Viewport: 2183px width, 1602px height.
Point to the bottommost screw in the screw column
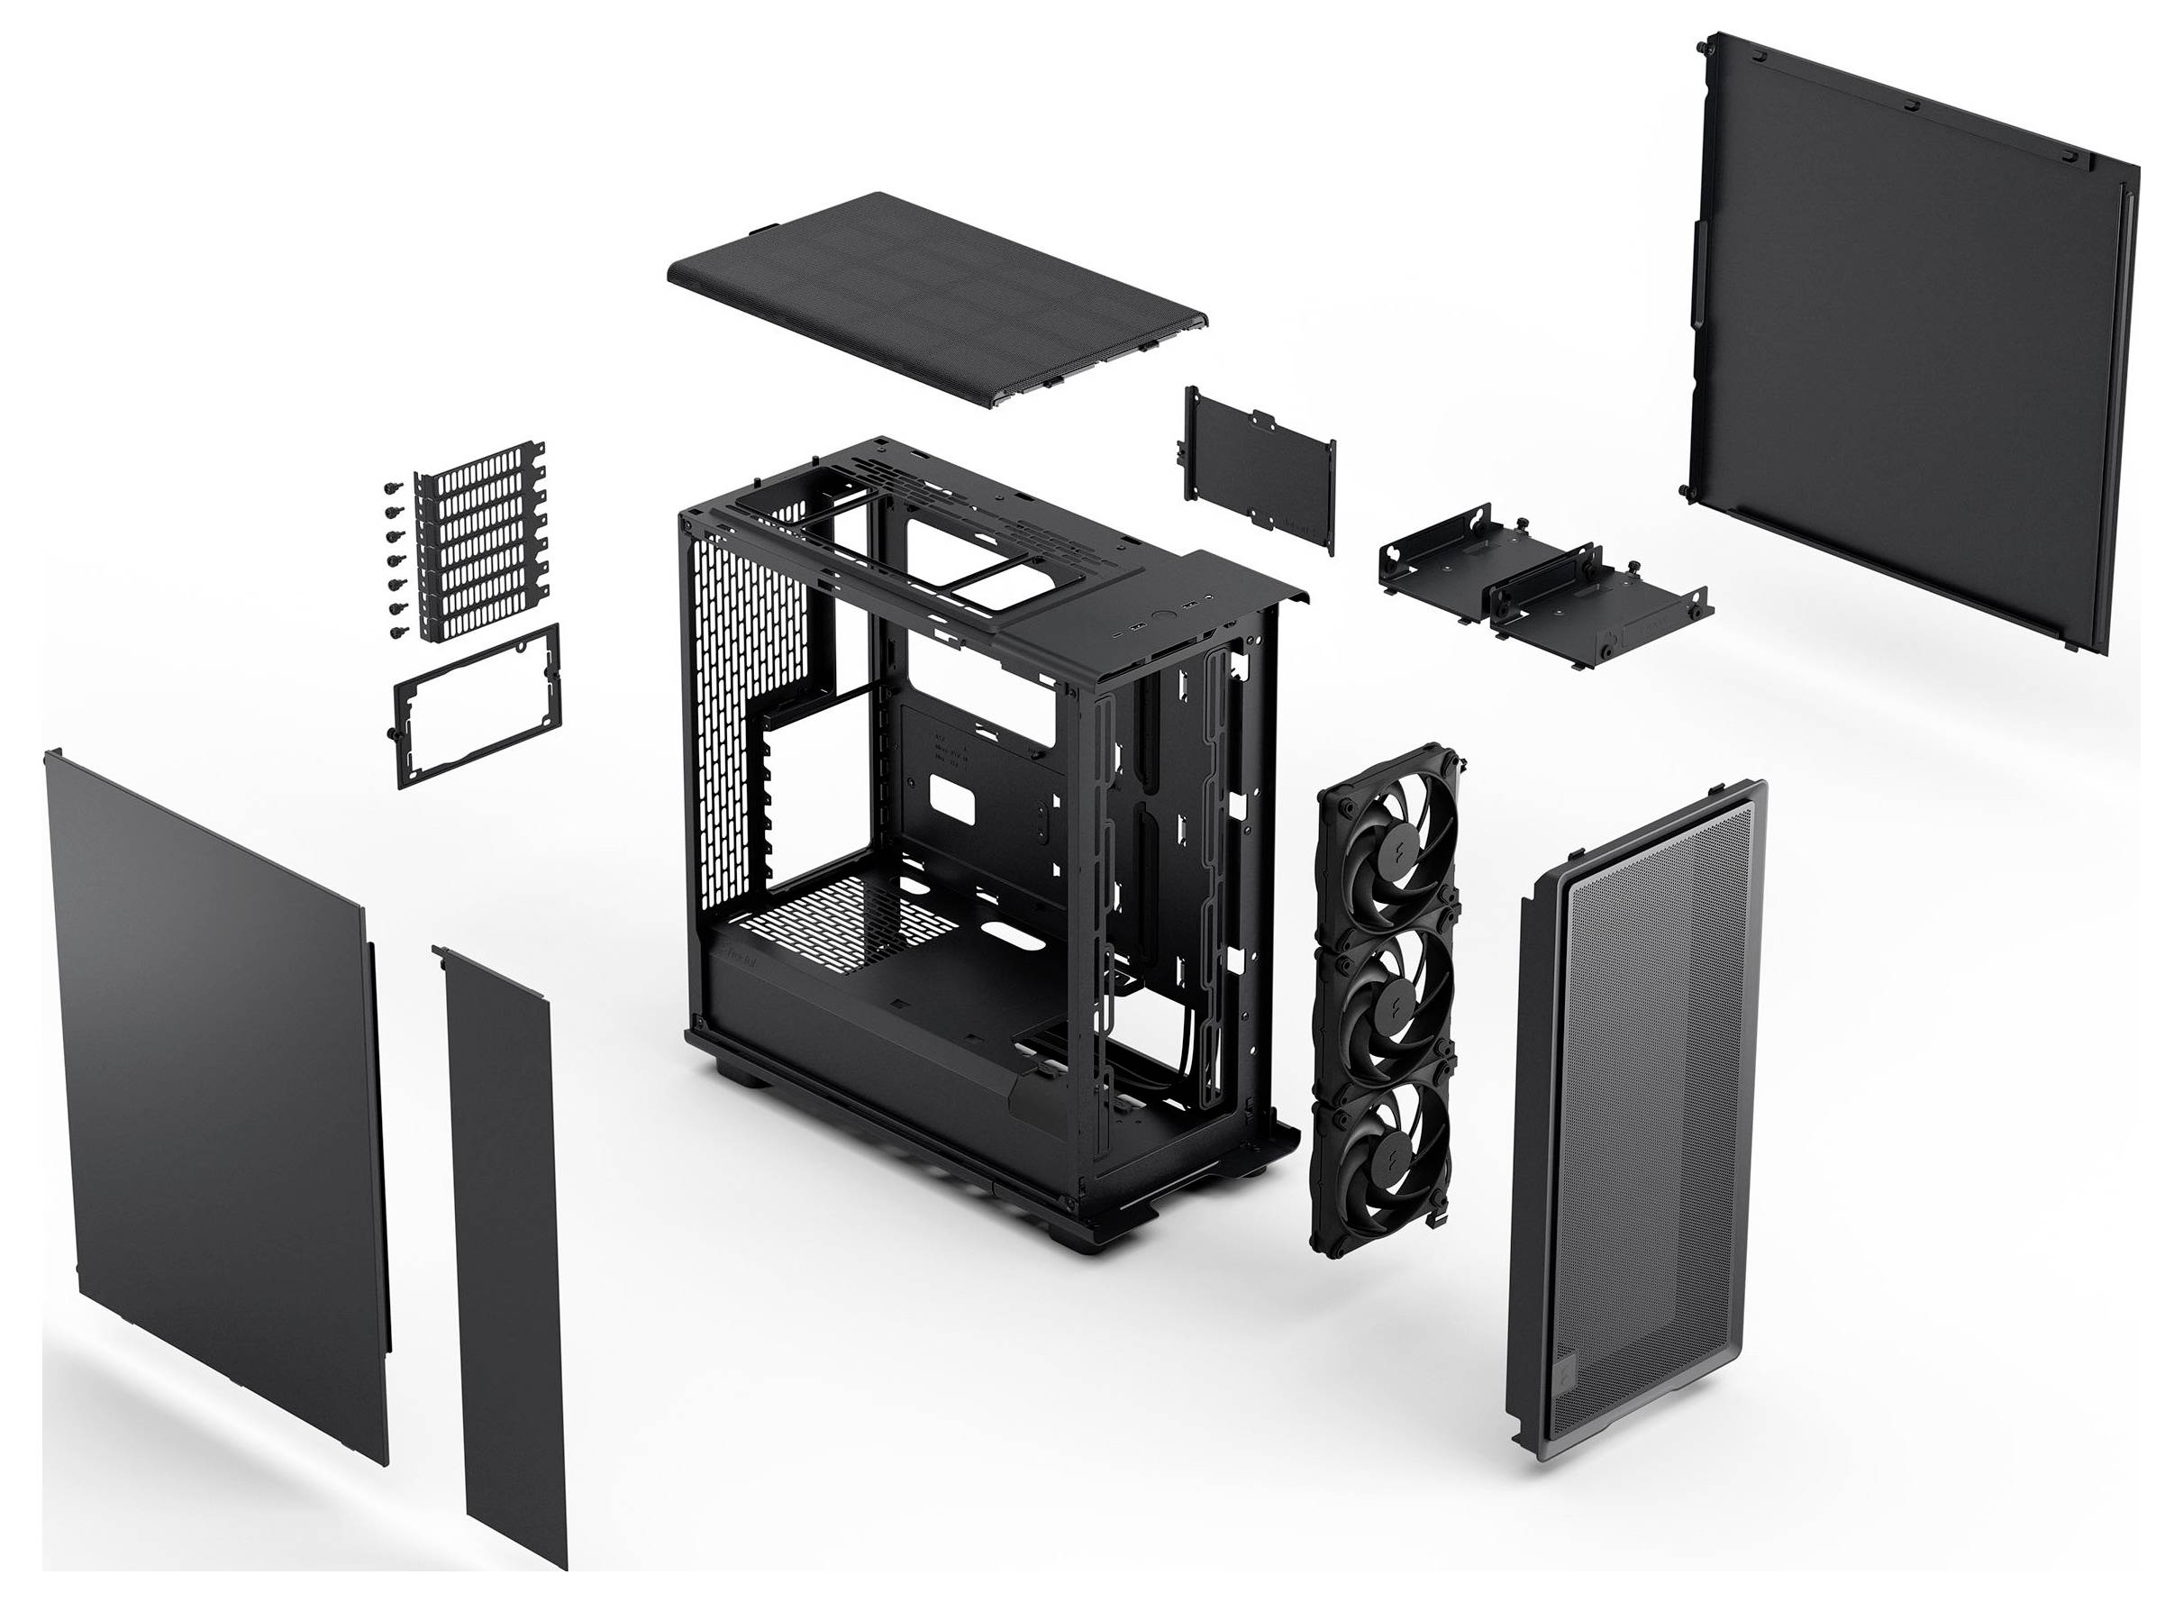pyautogui.click(x=396, y=633)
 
